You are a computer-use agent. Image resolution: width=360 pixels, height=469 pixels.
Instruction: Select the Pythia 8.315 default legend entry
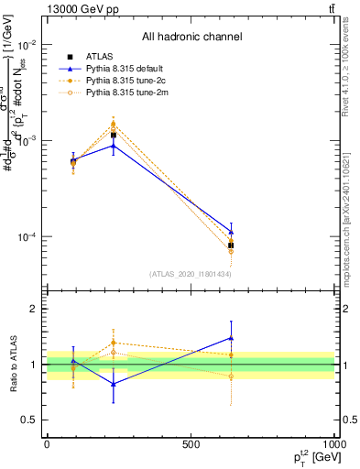coord(125,69)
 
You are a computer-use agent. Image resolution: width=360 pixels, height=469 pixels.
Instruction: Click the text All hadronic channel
coord(191,37)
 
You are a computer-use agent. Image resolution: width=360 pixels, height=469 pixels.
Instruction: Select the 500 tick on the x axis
coord(190,444)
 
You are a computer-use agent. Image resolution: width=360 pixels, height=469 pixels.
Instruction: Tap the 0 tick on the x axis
coord(47,444)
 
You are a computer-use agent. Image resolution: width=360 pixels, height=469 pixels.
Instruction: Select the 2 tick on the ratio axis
coord(34,310)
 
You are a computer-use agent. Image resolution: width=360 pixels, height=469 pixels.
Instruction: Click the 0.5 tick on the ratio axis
coord(30,420)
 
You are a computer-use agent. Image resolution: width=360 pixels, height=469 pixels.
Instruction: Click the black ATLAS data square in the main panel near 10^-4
coord(231,245)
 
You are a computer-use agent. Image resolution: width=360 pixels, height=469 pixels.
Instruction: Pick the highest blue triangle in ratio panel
coord(231,337)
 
